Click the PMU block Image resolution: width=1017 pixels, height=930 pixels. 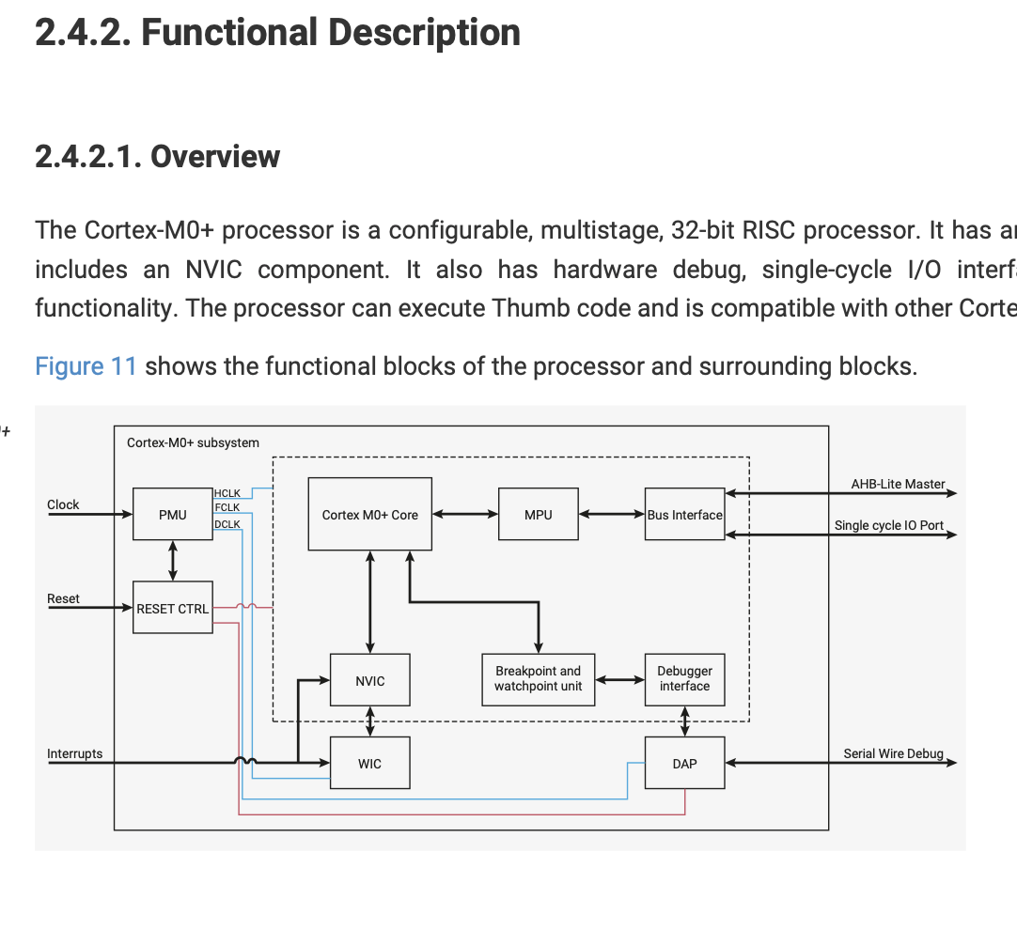pos(172,514)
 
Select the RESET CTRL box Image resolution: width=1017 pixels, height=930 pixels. pos(172,608)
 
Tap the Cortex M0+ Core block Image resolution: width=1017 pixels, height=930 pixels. pos(369,514)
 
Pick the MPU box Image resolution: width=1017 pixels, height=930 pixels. pos(538,514)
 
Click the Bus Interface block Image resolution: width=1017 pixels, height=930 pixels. pos(684,514)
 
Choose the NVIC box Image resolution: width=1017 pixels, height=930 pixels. pos(369,680)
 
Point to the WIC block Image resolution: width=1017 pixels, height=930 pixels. pos(369,763)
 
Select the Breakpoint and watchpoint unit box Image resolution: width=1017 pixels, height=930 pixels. pos(538,678)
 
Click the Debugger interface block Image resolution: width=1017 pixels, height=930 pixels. pos(684,678)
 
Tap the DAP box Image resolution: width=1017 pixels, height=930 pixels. pos(684,763)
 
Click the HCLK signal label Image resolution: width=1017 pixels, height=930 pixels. pos(227,493)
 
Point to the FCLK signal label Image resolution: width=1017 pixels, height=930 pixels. pos(227,507)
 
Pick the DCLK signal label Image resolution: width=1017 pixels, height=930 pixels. pos(227,523)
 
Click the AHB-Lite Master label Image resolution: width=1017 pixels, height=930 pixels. pos(897,484)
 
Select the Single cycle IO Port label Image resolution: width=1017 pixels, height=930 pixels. pos(888,525)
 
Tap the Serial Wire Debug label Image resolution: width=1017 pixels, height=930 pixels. pos(892,753)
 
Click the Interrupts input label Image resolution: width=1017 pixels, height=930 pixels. pos(74,753)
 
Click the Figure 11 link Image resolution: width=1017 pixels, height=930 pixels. pos(86,365)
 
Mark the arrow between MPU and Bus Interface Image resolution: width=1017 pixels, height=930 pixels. pos(612,514)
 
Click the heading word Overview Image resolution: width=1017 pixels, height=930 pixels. pos(215,156)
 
